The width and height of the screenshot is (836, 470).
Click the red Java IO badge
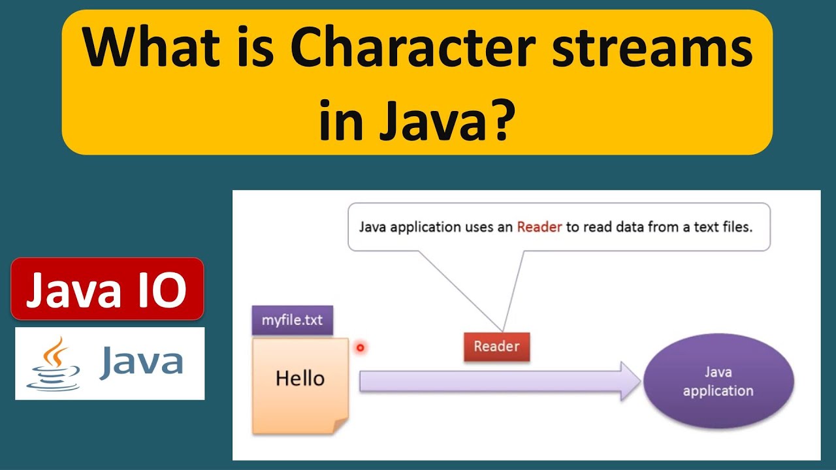[107, 289]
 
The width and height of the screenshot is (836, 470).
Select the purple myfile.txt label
[292, 321]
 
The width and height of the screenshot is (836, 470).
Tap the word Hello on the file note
[300, 379]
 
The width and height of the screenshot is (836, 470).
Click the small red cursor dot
[360, 348]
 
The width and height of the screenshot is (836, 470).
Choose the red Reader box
[496, 347]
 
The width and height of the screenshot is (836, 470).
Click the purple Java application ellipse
[718, 382]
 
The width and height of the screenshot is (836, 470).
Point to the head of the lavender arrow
[630, 381]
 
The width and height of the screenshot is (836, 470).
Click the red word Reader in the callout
[539, 228]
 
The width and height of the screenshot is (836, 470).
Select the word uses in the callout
[481, 228]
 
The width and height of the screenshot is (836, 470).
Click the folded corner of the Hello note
[340, 426]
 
